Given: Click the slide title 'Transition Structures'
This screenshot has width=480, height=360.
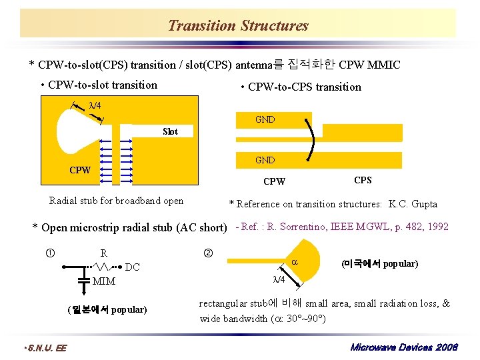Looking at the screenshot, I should pos(238,26).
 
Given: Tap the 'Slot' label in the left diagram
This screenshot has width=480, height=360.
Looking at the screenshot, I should pos(170,131).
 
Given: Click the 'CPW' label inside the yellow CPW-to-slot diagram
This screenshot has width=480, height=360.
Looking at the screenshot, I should pos(80,170).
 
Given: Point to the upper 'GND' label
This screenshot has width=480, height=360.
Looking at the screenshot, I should pos(265,120).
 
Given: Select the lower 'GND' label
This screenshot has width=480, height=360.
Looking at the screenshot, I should pos(265,160).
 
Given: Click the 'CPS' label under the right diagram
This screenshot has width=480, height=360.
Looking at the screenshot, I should pos(363,181).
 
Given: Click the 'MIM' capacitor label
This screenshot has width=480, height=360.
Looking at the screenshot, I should pos(104,281).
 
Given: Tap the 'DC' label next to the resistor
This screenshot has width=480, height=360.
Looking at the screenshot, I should pos(133,267).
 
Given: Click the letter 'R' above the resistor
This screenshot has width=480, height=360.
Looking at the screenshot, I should pos(103,253).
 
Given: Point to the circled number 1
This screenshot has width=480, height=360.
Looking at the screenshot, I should pos(49,253).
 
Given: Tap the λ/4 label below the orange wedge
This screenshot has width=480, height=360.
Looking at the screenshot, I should pos(279,279).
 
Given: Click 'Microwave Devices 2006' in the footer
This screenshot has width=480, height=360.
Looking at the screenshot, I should pos(404,348).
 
